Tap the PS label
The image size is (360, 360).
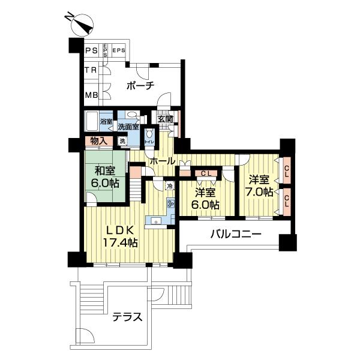click(91, 51)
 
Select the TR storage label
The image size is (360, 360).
click(91, 71)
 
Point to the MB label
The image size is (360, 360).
click(91, 95)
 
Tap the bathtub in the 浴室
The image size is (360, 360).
click(91, 122)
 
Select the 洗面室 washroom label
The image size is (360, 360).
click(128, 127)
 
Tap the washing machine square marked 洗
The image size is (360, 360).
click(122, 142)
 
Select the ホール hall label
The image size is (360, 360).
click(161, 161)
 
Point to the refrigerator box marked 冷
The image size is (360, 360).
click(170, 187)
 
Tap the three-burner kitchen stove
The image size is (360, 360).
click(170, 204)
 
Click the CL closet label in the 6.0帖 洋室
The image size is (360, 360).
click(205, 174)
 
